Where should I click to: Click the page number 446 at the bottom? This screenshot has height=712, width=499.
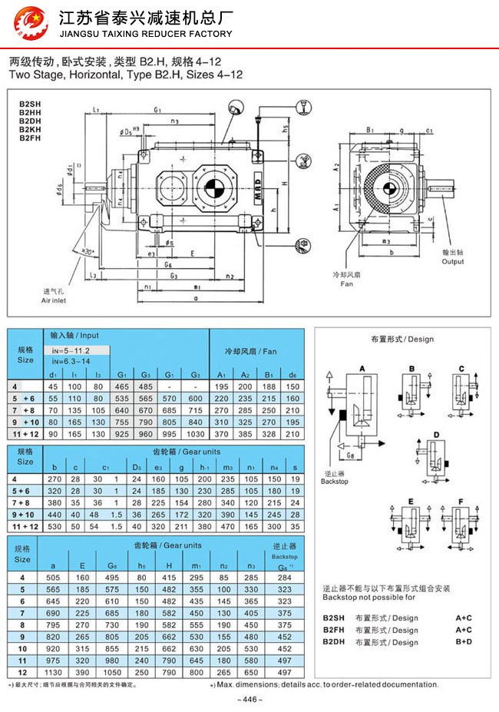[x=249, y=699]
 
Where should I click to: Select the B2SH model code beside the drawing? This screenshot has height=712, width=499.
[x=28, y=103]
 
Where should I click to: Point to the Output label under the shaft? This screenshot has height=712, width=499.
[x=453, y=261]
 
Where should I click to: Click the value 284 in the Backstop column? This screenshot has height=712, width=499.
[x=284, y=577]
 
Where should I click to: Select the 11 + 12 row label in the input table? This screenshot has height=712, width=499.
[x=25, y=434]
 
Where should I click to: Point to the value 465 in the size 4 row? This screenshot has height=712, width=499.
[x=121, y=386]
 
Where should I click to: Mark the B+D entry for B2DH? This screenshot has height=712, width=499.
[x=463, y=641]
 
